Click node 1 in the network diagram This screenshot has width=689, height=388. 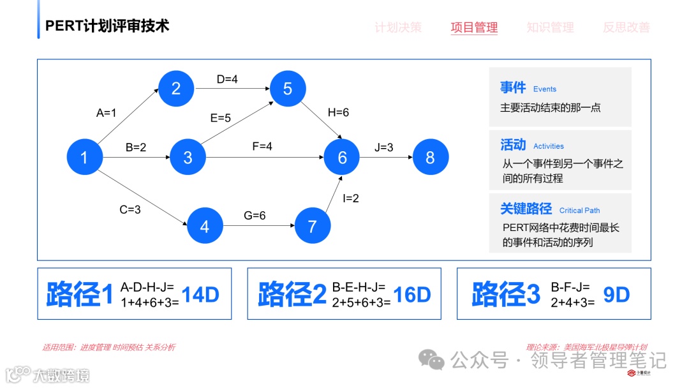[x=84, y=157]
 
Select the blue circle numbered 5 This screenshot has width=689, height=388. [x=288, y=89]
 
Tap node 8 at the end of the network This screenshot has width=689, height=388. [x=430, y=157]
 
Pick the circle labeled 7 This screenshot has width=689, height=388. [x=312, y=227]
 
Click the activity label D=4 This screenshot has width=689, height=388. [x=227, y=79]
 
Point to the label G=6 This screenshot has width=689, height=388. [x=255, y=216]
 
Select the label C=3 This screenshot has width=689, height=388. [x=130, y=209]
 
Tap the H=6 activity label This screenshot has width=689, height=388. [x=338, y=112]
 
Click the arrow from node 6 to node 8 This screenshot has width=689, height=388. [x=386, y=157]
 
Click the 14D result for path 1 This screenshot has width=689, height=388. [x=200, y=295]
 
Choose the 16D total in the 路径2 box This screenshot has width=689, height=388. [x=412, y=295]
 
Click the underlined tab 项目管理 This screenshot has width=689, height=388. [x=474, y=27]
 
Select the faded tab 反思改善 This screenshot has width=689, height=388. [x=626, y=27]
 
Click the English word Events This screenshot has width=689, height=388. [x=545, y=89]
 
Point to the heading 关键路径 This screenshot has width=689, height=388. [x=526, y=209]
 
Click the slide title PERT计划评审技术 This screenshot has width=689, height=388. [x=107, y=26]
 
